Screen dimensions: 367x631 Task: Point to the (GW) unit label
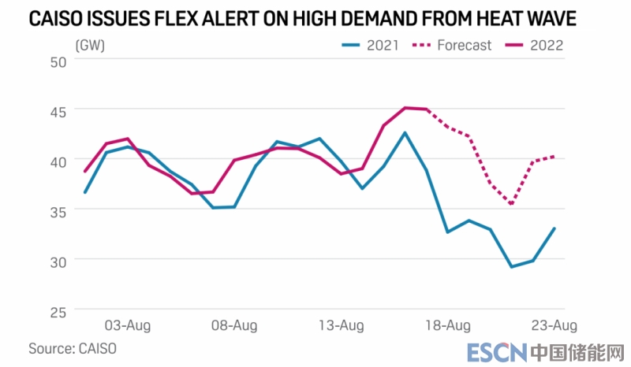90,45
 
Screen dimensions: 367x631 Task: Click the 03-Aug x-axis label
128,324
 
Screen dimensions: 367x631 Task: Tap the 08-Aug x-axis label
234,324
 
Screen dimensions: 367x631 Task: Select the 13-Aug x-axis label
342,324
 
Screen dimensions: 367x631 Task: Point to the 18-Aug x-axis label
448,324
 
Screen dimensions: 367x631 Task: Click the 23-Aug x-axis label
553,324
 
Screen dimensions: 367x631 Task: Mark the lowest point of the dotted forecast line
512,205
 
